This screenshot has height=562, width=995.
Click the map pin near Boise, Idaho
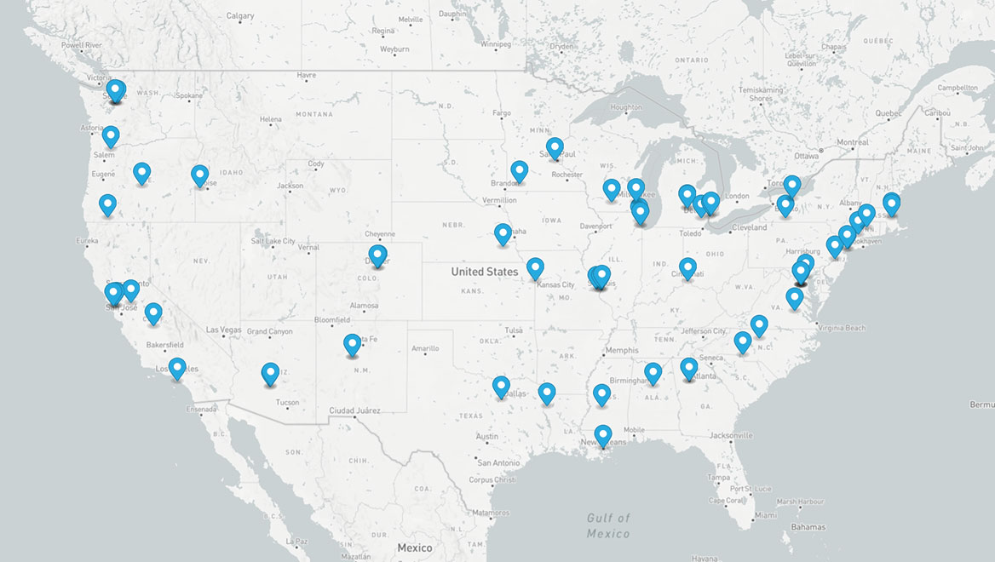coord(199,175)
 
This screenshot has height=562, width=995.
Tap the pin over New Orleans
coord(603,434)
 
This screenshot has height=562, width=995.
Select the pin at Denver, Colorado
coord(377,255)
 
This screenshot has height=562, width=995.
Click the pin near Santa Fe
coord(352,343)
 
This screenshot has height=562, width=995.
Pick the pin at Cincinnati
coord(687,267)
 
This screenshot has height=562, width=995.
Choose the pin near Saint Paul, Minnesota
coord(555,147)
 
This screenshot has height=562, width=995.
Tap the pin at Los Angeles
coord(177,367)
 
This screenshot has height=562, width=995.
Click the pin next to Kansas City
coord(535,267)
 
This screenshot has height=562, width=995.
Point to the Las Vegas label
coord(223,330)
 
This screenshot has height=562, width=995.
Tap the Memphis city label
coord(621,350)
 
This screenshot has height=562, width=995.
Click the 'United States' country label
coord(485,272)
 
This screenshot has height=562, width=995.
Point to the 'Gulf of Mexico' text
coord(608,525)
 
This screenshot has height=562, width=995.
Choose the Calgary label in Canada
coord(240,16)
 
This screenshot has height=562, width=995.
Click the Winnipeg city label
coord(495,43)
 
